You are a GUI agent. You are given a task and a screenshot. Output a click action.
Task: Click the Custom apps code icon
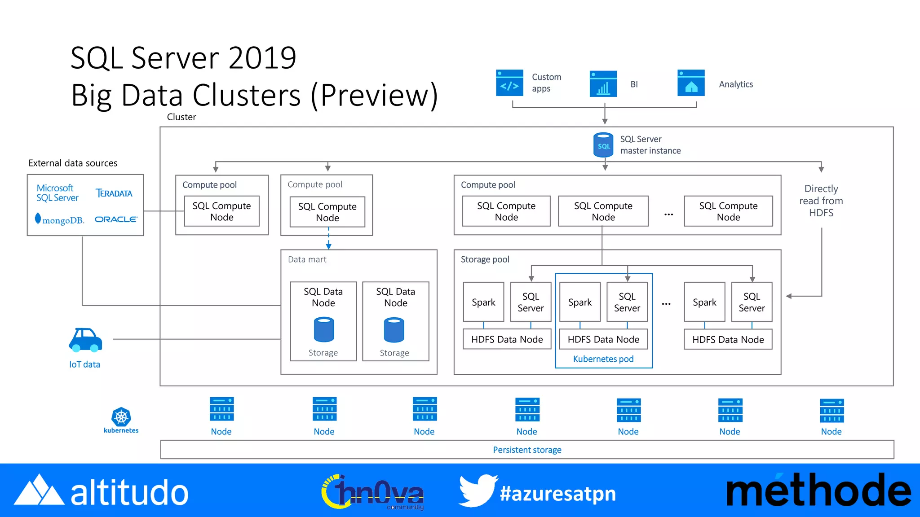tap(509, 83)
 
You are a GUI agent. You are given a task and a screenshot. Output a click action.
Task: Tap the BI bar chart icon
tap(603, 84)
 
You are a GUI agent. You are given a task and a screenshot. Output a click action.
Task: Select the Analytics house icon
tap(691, 83)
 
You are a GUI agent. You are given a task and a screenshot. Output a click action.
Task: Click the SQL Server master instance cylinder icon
tap(603, 145)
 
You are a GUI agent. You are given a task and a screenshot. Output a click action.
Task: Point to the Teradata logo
tap(114, 193)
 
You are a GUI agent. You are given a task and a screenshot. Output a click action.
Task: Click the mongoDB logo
tap(60, 220)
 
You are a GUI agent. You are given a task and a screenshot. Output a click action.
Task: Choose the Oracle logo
tap(116, 219)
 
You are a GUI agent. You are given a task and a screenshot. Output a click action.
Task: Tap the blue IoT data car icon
tap(85, 340)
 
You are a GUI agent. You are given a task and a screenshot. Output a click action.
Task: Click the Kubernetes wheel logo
tap(121, 417)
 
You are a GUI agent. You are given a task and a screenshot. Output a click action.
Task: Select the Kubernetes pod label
tap(603, 359)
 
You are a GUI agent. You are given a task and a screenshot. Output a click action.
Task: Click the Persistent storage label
tap(527, 450)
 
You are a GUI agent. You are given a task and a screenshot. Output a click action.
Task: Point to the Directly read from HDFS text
tap(821, 201)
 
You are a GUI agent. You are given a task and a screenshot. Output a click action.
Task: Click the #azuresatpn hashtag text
tap(558, 494)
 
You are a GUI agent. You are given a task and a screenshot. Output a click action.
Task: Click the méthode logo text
tap(818, 491)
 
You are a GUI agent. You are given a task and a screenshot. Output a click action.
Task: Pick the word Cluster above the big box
tap(181, 117)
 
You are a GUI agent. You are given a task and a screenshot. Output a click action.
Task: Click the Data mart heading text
tap(307, 259)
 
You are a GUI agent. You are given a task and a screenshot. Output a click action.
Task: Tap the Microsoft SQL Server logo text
tap(57, 193)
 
